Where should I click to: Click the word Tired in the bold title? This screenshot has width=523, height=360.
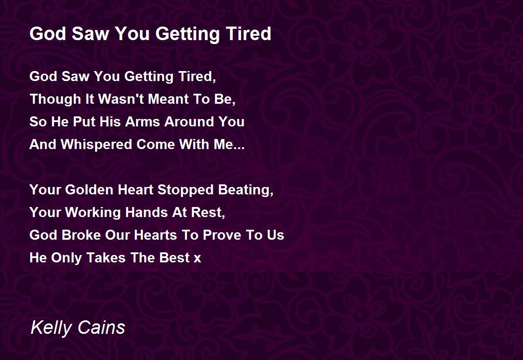point(248,34)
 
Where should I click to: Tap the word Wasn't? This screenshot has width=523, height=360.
point(121,99)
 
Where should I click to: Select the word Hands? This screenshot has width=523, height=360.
point(146,212)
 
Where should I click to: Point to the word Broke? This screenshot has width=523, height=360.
point(81,235)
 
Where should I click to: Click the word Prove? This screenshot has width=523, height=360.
point(222,235)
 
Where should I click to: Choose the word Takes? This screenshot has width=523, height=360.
point(106,258)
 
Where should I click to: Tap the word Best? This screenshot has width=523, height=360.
point(174,258)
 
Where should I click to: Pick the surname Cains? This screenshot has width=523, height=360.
point(101,327)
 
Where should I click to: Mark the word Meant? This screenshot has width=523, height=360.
point(168,99)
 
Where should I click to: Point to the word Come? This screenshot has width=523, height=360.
point(156,144)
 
